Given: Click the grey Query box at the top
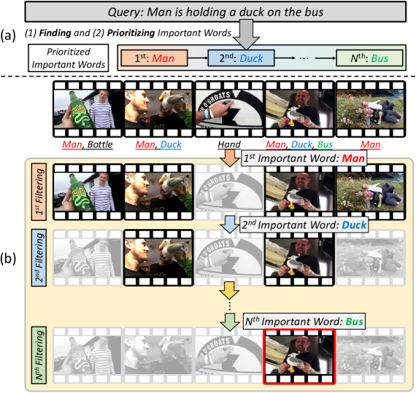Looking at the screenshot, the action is point(215,12).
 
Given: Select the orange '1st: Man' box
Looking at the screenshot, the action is point(155,58).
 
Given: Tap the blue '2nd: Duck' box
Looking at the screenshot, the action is point(241,58).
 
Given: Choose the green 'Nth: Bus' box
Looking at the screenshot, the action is point(369,58).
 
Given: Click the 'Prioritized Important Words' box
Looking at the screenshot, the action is point(69,58).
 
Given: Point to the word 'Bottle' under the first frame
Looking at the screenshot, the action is point(100,144).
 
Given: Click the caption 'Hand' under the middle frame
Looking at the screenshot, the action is point(229,144).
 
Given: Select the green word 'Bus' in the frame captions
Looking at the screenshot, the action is point(325,144).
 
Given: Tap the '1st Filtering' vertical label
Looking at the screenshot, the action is point(39,192).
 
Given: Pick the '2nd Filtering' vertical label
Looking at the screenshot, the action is point(39,257).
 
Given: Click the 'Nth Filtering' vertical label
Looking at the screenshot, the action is point(39,355).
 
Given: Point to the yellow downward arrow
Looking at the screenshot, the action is point(229,290).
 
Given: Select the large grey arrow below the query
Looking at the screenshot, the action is point(246,34).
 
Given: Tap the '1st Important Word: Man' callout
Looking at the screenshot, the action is point(304,158).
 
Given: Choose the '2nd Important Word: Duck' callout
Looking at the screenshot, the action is point(304,225).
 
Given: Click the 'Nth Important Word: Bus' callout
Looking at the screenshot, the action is point(304,322).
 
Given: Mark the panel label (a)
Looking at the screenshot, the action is point(8,36).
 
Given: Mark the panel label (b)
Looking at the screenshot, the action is point(8,258).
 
